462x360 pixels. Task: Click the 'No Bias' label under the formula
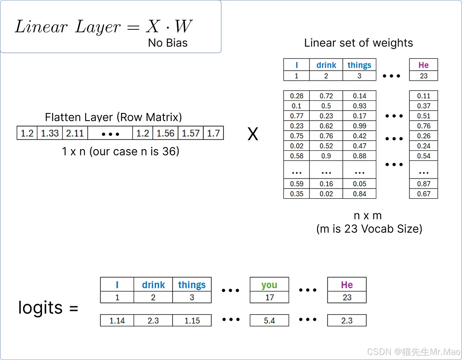tap(168, 43)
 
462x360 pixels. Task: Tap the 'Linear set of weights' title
tap(358, 43)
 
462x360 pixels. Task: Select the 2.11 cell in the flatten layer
tap(75, 133)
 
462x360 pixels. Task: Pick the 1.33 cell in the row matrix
tap(50, 133)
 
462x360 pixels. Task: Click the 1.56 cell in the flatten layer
tap(165, 133)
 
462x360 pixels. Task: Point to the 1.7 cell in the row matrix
tap(213, 133)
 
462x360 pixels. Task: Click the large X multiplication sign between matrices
tap(252, 134)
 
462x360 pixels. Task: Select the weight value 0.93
tap(360, 106)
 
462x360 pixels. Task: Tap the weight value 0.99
tap(360, 126)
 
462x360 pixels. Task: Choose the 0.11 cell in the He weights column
tap(423, 96)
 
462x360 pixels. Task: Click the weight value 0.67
tap(423, 194)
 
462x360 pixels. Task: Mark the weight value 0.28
tap(297, 96)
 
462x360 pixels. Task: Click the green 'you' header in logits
tap(269, 284)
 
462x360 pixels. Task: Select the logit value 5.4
tap(269, 321)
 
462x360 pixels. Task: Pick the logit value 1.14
tap(117, 321)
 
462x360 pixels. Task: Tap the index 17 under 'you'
tap(269, 297)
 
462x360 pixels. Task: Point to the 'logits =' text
tap(48, 308)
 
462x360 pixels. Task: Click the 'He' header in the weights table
tap(423, 65)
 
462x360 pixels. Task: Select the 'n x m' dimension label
tap(368, 215)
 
